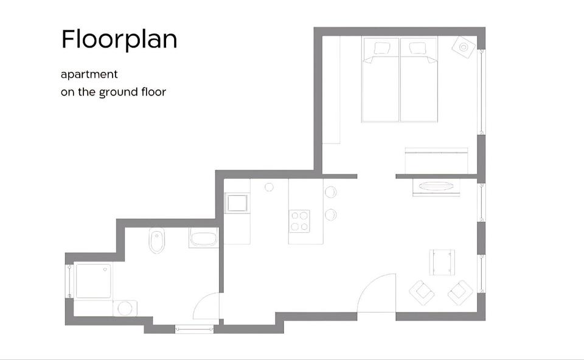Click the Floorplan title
[x=119, y=40]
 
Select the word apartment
[x=89, y=74]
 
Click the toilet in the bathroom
[x=157, y=240]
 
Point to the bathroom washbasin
[x=203, y=237]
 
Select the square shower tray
[x=93, y=281]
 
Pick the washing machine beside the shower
[x=125, y=308]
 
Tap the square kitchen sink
[x=237, y=203]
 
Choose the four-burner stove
[x=299, y=221]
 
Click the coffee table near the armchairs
[x=442, y=262]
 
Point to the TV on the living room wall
[x=436, y=187]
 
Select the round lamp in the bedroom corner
[x=464, y=47]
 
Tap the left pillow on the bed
[x=381, y=48]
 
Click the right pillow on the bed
[x=417, y=48]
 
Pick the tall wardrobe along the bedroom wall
[x=331, y=90]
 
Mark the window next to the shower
[x=69, y=281]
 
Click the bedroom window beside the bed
[x=481, y=92]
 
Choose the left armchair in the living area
[x=422, y=292]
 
